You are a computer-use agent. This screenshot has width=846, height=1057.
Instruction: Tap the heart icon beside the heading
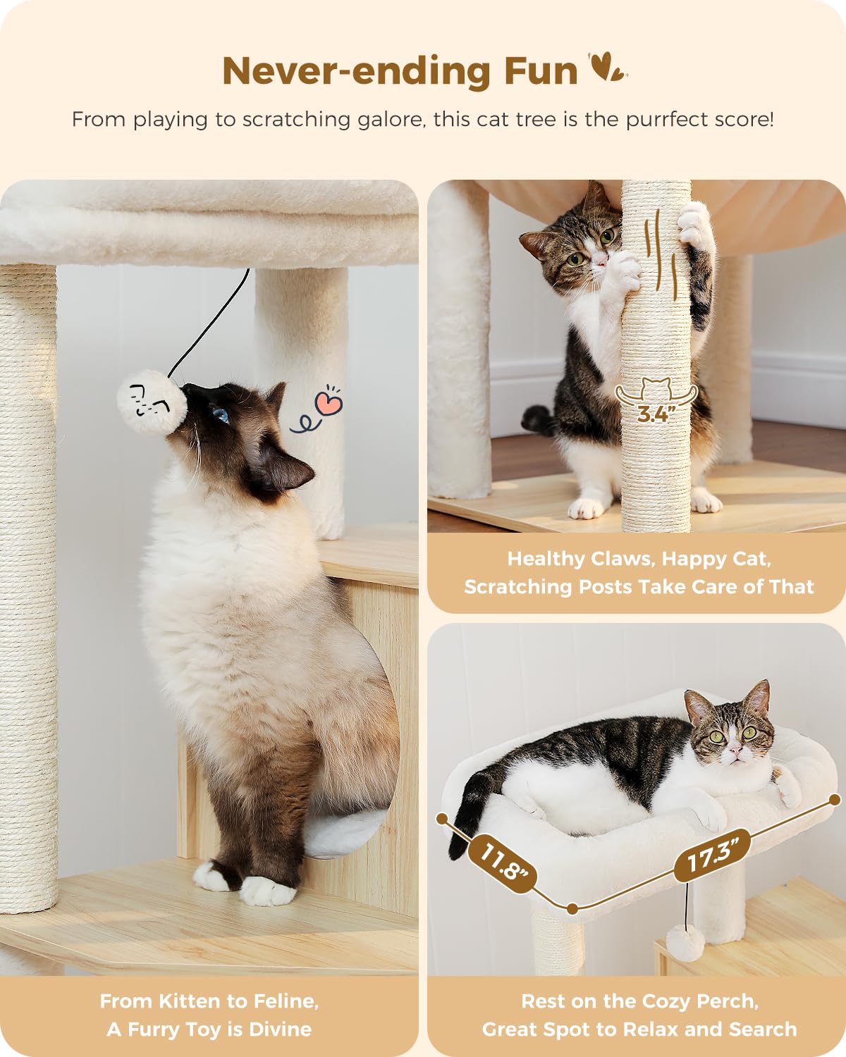(x=607, y=68)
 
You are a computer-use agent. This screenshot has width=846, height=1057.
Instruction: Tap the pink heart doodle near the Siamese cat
(x=329, y=403)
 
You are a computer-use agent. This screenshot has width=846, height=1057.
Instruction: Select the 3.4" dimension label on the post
(x=653, y=414)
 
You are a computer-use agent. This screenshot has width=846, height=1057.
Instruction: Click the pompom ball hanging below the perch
(x=685, y=941)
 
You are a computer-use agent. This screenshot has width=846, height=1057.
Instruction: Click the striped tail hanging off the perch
(x=469, y=810)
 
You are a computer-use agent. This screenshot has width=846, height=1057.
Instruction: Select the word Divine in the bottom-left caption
(x=280, y=1030)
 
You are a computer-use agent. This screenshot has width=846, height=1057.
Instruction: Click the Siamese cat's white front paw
(x=268, y=891)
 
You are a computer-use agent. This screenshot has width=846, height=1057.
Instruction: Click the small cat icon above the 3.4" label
(x=656, y=388)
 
